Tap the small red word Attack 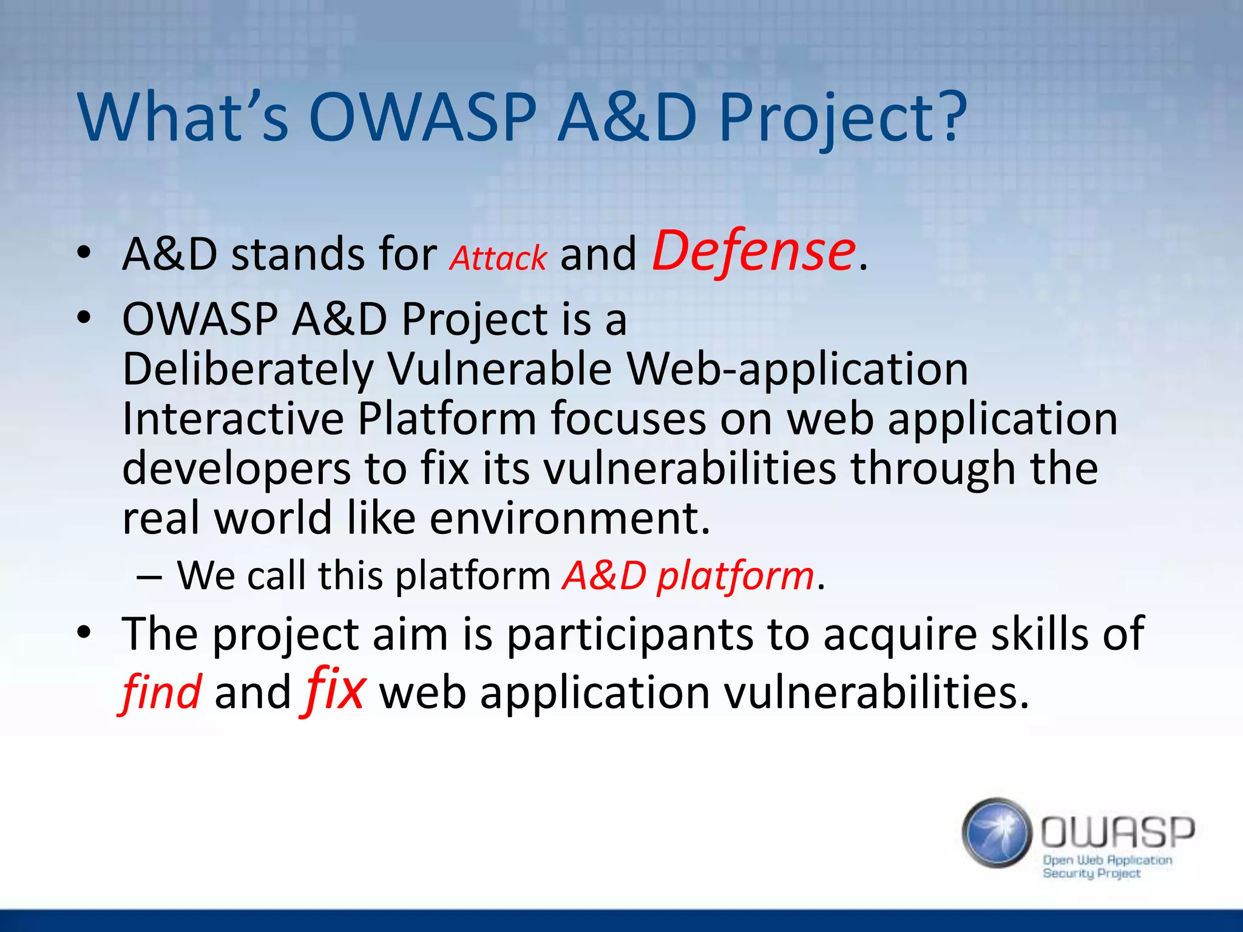(x=498, y=258)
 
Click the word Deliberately (x=248, y=370)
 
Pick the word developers (x=237, y=469)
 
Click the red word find (x=161, y=693)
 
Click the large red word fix (x=334, y=691)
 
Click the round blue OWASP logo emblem (x=997, y=832)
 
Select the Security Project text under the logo (x=1091, y=873)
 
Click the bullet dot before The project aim (x=84, y=632)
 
